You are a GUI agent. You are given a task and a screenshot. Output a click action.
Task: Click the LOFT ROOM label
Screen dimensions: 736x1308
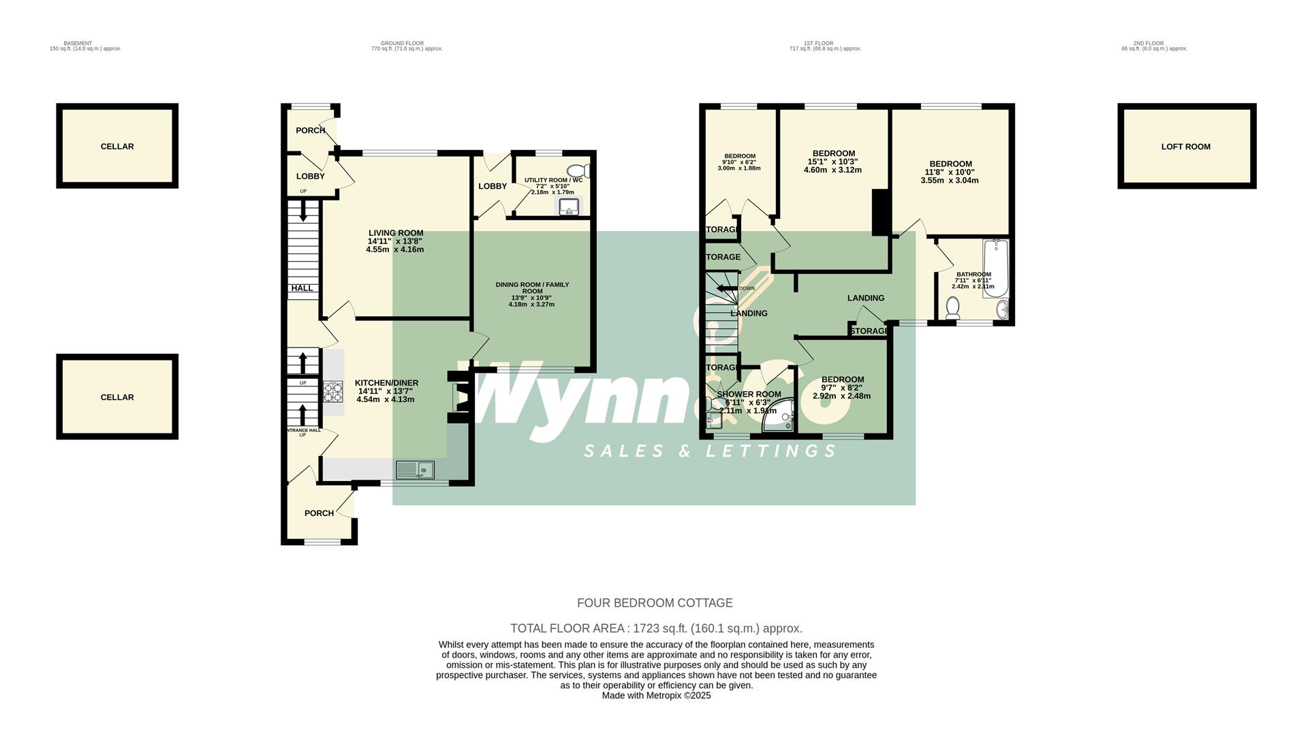(x=1185, y=147)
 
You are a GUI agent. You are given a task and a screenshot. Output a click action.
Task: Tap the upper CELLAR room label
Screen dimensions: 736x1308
(x=117, y=147)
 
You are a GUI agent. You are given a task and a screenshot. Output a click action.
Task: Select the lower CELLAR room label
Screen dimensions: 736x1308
(x=117, y=397)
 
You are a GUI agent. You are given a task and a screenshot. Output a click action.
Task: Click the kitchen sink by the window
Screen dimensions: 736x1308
(x=416, y=470)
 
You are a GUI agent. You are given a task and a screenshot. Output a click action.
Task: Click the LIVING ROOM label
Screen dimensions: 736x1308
(x=396, y=233)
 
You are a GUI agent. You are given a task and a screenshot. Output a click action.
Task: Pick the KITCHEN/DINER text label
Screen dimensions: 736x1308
(x=386, y=383)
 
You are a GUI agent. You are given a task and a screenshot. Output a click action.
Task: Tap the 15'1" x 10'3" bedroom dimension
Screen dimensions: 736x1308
(x=832, y=162)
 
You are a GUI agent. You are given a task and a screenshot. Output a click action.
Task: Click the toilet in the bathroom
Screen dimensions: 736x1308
(x=952, y=309)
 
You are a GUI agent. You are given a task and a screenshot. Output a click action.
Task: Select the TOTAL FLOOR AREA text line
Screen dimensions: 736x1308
(x=656, y=628)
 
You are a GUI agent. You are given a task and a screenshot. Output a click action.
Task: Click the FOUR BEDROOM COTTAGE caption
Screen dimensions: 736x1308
(x=655, y=603)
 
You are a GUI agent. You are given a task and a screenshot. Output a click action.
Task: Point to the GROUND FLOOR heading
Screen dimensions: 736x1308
(x=402, y=44)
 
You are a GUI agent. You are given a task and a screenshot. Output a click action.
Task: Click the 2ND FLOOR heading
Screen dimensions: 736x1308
(x=1153, y=44)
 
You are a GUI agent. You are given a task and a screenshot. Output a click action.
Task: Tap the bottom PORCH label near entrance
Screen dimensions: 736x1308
(x=319, y=513)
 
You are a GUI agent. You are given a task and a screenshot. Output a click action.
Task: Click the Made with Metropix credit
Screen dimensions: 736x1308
(x=656, y=696)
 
